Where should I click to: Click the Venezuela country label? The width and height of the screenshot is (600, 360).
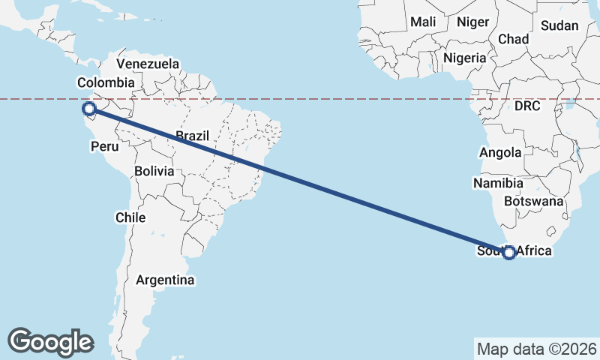tap(148, 64)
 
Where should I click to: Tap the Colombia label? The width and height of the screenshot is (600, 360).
tap(106, 82)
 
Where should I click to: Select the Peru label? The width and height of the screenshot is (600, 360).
tap(104, 147)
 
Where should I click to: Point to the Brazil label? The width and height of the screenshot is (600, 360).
tap(193, 136)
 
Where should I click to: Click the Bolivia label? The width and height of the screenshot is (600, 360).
tap(154, 171)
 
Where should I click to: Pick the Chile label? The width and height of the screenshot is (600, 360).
tap(130, 217)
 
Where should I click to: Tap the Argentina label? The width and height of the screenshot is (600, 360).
tap(165, 280)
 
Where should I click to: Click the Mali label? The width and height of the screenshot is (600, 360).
tap(423, 22)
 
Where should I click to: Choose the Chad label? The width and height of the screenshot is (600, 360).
tap(514, 39)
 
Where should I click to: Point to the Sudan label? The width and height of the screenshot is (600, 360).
tap(559, 25)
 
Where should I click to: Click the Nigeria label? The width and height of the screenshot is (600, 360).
tap(465, 58)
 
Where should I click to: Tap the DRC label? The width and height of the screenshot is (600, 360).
tap(527, 106)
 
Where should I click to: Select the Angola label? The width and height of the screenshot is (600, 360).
tap(500, 152)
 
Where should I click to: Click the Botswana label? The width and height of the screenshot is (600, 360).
tap(534, 201)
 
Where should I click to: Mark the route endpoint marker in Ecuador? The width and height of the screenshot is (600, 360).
tap(88, 110)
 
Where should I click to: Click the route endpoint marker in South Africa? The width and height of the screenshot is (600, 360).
tap(509, 253)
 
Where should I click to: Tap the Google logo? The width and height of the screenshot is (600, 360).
tap(50, 342)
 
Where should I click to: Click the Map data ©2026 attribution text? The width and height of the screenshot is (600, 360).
tap(536, 349)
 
